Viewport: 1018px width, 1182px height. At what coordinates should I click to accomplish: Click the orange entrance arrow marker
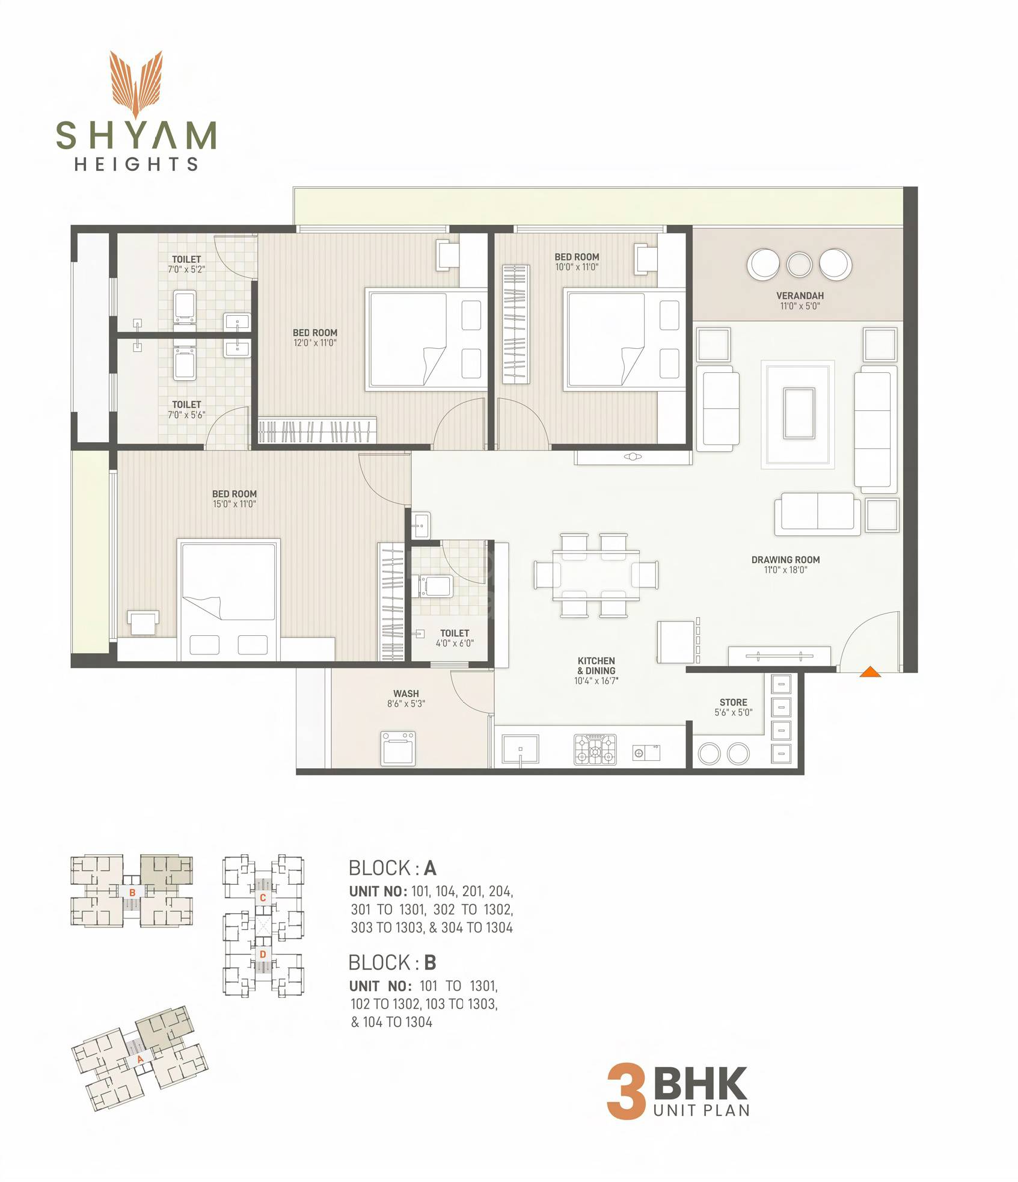tap(870, 672)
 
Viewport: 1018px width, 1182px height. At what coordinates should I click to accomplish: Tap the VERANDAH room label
tap(800, 296)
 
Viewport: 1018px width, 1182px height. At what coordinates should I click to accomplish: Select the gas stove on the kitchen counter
tap(595, 750)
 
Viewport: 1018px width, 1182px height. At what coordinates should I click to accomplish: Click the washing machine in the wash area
tap(398, 748)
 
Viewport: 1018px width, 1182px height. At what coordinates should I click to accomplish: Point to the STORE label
tap(733, 702)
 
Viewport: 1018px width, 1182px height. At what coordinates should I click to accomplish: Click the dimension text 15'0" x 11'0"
tap(234, 504)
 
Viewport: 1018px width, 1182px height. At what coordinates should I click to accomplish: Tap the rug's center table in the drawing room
tap(799, 413)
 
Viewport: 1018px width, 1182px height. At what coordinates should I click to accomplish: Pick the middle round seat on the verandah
tap(799, 264)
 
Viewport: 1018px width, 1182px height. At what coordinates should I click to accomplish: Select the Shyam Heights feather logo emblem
tap(136, 84)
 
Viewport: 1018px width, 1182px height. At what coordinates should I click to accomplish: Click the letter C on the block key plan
tap(263, 898)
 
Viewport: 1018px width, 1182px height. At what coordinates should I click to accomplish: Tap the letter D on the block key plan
tap(263, 955)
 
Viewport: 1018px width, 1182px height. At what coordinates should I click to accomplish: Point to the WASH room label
tap(406, 694)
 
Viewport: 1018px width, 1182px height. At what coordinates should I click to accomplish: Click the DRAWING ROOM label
tap(785, 559)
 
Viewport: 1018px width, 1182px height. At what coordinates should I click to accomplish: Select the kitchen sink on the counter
tap(520, 750)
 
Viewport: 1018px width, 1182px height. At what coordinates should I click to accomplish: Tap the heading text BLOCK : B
tap(392, 963)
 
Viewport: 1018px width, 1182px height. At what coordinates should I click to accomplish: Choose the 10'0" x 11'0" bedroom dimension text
tap(577, 267)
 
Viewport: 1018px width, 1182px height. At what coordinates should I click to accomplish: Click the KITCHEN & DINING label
tap(596, 665)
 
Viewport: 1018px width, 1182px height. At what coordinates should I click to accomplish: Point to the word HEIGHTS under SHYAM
tap(136, 164)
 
